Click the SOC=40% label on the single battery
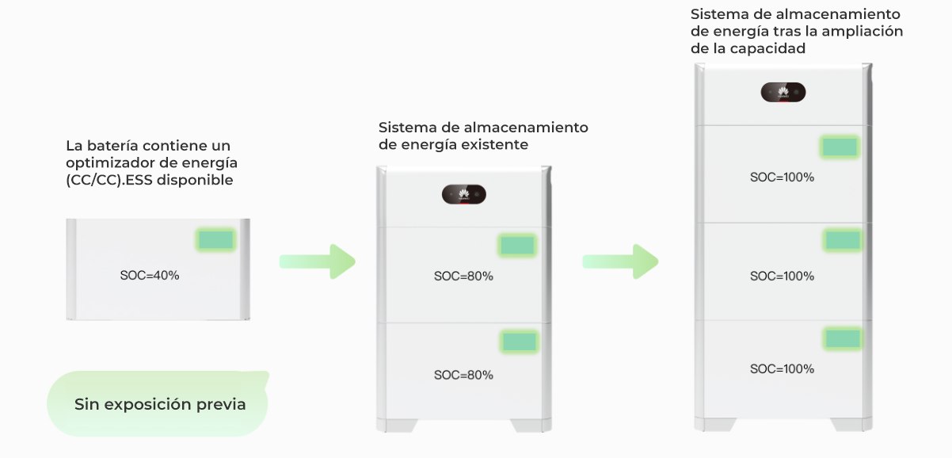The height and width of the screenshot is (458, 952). (150, 276)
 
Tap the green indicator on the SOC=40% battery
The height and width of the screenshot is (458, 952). (215, 240)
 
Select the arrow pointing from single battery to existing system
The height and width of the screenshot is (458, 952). (317, 261)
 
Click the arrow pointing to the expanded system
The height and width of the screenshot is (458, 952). (620, 261)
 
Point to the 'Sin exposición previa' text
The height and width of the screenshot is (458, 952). (160, 405)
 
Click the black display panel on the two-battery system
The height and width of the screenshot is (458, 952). (463, 195)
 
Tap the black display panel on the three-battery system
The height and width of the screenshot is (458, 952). (783, 93)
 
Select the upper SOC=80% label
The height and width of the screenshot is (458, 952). (463, 277)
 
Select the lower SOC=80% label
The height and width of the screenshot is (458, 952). (463, 375)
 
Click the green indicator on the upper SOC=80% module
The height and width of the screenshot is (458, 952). (518, 245)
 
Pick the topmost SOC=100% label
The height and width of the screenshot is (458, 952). (782, 177)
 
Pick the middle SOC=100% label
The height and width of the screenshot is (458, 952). (782, 277)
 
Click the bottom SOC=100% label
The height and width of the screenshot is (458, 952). (782, 369)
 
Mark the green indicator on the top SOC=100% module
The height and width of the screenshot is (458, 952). (840, 147)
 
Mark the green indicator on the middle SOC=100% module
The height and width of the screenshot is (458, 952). (842, 240)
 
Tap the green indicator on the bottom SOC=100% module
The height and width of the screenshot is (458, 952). (842, 339)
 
